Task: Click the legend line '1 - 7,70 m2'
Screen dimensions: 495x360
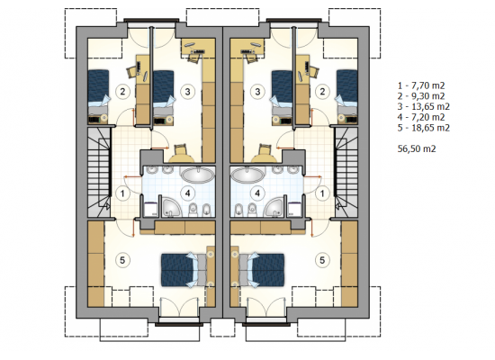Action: (421, 85)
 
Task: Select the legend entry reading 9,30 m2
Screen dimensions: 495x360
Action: (421, 96)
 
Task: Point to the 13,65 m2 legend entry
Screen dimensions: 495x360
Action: (424, 107)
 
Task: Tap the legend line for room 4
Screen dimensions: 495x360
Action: (421, 117)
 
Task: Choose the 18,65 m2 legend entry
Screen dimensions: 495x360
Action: (424, 128)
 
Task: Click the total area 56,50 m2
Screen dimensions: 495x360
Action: (417, 148)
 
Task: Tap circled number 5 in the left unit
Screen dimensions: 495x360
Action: (122, 260)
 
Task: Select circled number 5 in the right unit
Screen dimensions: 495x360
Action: (322, 260)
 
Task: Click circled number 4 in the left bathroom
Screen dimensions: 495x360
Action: (188, 193)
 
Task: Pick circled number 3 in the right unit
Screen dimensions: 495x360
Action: (257, 92)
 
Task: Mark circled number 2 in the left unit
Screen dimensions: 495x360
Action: (122, 92)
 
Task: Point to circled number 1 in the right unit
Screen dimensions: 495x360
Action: (322, 193)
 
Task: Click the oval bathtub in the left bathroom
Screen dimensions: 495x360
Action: (197, 175)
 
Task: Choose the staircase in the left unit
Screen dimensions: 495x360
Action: (99, 172)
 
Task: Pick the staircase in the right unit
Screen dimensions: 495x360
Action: (346, 172)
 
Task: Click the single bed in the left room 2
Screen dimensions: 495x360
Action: (98, 96)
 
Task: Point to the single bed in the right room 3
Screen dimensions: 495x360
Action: (283, 96)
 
